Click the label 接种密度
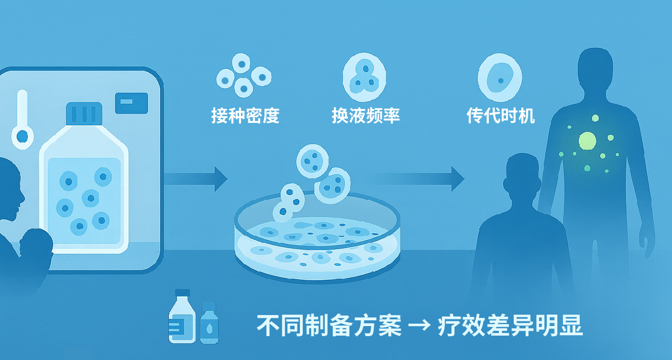(x=245, y=116)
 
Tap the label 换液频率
(x=365, y=116)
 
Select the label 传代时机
(x=500, y=116)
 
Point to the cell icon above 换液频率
(x=364, y=75)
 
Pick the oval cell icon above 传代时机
(x=500, y=77)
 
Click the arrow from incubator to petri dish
(x=196, y=179)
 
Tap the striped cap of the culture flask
(x=84, y=113)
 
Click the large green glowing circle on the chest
(x=588, y=141)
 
